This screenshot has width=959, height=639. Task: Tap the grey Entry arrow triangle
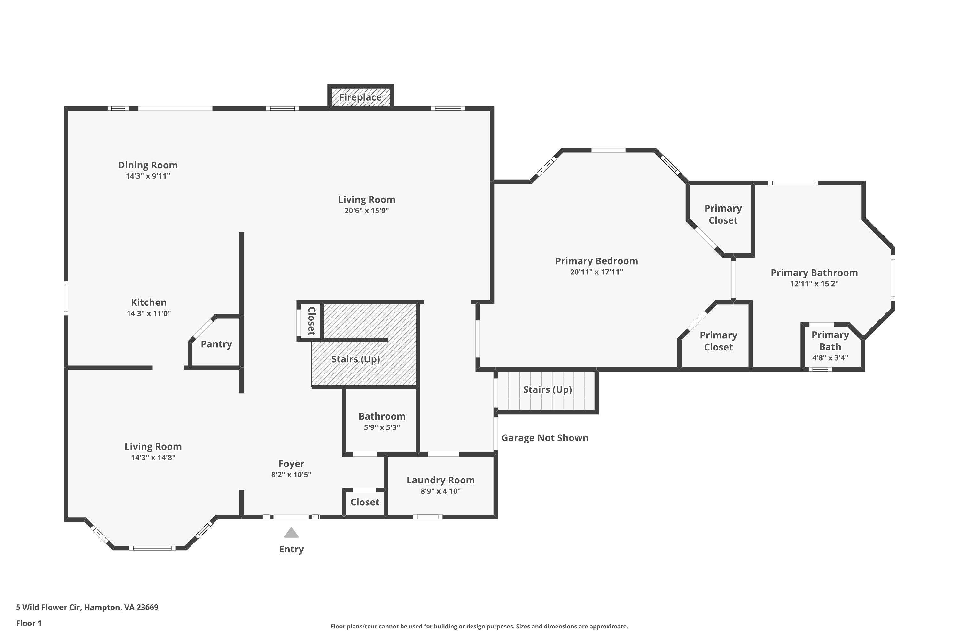click(x=291, y=532)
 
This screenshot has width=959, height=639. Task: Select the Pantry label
click(x=216, y=344)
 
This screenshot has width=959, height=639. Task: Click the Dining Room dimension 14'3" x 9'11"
click(x=148, y=176)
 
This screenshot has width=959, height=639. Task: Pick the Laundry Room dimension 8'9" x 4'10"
click(x=441, y=491)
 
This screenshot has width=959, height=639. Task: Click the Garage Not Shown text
click(x=545, y=438)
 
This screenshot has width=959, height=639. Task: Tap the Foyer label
click(x=291, y=464)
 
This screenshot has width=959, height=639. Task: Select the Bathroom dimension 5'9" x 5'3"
click(x=382, y=427)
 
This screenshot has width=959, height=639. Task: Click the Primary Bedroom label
click(x=596, y=261)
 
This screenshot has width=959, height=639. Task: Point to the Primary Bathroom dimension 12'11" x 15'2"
click(x=814, y=284)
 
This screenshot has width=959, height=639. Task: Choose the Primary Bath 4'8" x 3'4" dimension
click(x=830, y=358)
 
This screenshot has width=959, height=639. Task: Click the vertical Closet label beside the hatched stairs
click(x=311, y=321)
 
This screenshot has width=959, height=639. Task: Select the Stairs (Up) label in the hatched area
click(x=355, y=359)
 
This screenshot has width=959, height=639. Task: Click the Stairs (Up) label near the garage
click(x=548, y=389)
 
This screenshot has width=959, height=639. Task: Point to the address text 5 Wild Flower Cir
click(x=48, y=607)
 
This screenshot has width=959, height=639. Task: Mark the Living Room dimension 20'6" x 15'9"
click(x=367, y=211)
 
